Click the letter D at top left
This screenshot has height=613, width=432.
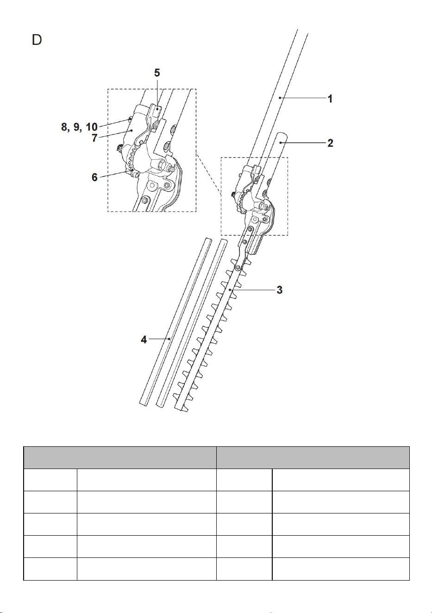(37, 40)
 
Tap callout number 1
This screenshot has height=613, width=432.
(330, 99)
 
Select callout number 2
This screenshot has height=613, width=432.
(330, 143)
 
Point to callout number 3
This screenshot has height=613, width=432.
(279, 290)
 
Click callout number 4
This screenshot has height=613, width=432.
(144, 340)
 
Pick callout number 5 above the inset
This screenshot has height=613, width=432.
(157, 73)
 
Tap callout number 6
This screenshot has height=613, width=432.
(94, 177)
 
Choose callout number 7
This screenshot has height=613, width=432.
(94, 138)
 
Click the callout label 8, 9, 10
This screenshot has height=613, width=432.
(79, 127)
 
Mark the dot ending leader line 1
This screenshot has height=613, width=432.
(280, 97)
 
